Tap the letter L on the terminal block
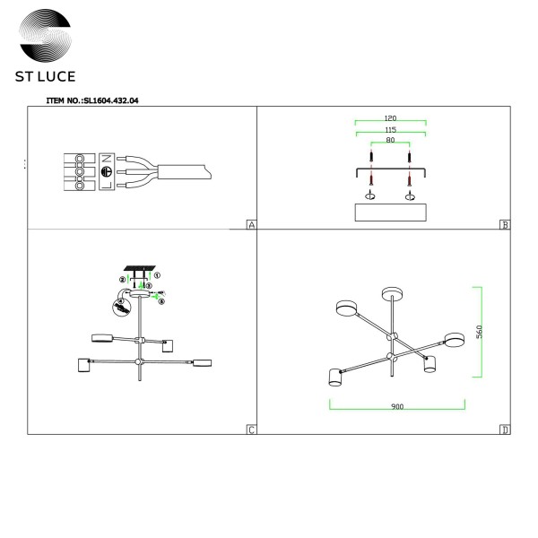point(105,185)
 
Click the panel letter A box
point(251,225)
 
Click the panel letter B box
point(505,225)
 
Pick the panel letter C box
point(251,430)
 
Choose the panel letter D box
point(505,430)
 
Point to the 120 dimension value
point(391,118)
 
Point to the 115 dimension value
point(391,130)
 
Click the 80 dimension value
point(391,141)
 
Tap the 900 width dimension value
point(397,406)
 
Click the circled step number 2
point(120,279)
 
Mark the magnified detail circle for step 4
point(120,307)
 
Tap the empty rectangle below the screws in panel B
point(391,212)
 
